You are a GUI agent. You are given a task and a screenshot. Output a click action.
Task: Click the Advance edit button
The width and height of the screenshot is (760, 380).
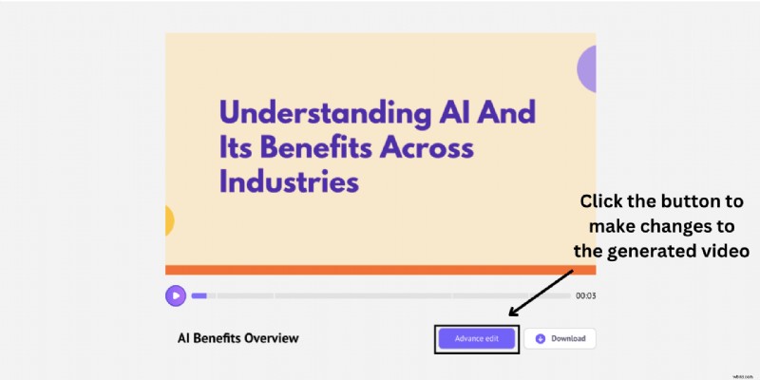(477, 338)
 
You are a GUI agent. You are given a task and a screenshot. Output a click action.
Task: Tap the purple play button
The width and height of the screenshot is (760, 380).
(176, 295)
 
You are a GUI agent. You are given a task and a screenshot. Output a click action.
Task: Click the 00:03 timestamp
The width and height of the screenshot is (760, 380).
(585, 295)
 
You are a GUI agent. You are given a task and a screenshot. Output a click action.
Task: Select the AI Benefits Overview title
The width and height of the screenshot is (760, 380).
(237, 338)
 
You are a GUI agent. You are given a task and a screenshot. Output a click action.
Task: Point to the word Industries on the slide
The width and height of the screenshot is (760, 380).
(289, 180)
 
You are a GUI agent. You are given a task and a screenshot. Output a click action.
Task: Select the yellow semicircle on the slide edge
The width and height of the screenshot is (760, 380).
(169, 220)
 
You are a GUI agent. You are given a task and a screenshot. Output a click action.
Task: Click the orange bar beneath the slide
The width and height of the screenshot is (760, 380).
(380, 270)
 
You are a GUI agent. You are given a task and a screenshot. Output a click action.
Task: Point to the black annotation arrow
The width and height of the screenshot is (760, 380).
(541, 292)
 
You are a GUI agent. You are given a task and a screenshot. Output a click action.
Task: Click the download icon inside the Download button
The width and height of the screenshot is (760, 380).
(541, 338)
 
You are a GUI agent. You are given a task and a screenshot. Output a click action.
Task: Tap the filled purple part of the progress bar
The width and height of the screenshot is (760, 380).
(199, 295)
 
